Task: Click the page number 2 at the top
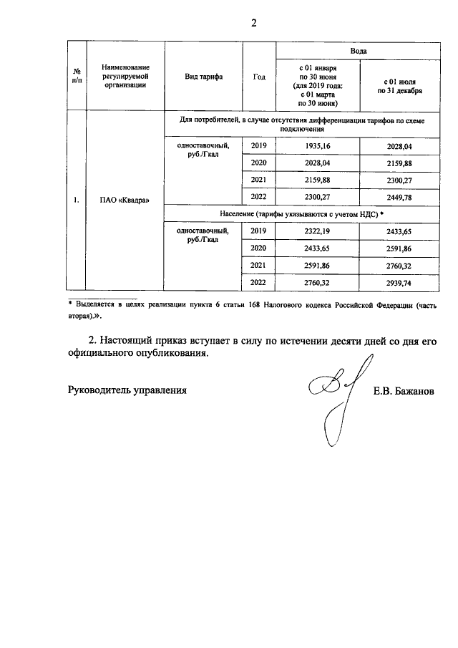pos(253,21)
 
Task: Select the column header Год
pos(259,76)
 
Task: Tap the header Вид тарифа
pos(204,76)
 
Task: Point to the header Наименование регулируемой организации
pos(125,76)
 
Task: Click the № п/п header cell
pos(77,76)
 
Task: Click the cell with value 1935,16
pos(317,147)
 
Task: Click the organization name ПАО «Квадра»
pos(125,199)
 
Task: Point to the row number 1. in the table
pos(77,199)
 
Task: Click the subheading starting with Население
pos(301,214)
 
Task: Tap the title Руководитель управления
pos(127,390)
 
